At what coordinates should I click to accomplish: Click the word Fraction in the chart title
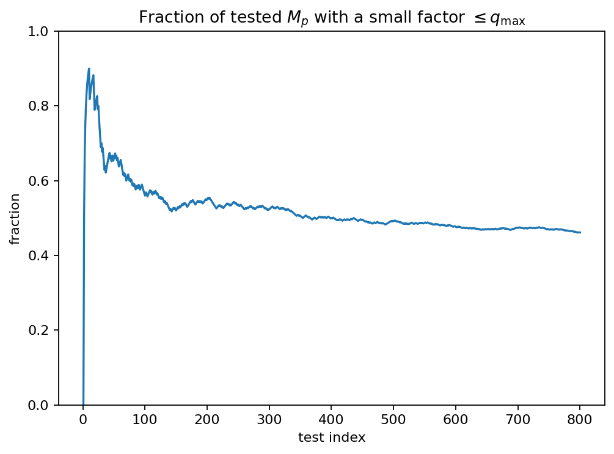162,18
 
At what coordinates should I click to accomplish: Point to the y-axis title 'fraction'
15,218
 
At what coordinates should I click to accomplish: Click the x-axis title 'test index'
332,438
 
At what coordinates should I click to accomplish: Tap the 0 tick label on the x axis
83,419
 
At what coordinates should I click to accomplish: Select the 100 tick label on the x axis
145,419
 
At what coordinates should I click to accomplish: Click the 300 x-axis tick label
269,419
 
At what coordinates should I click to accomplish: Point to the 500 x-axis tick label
393,419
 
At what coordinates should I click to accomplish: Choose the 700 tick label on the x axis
518,419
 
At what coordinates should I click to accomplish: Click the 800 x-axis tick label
580,419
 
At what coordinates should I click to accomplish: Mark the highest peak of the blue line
89,69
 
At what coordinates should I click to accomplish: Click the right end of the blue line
580,232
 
